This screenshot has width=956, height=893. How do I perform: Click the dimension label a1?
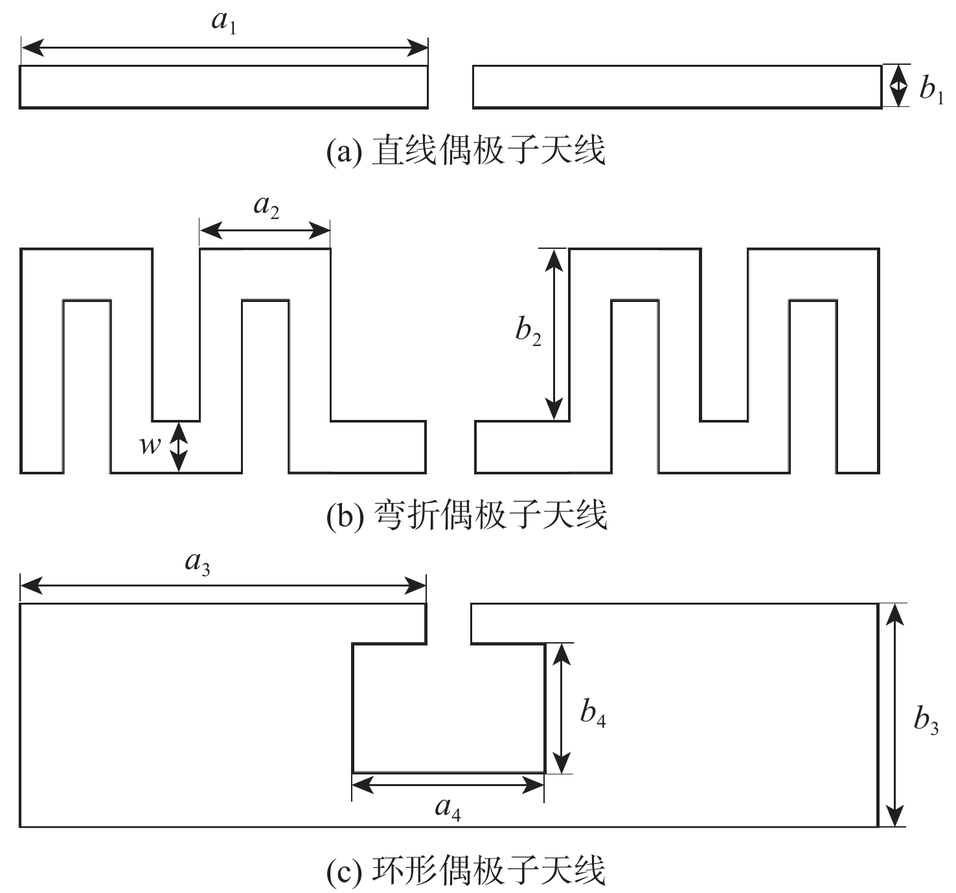(x=223, y=23)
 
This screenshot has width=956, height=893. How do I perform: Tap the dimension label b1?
(x=931, y=89)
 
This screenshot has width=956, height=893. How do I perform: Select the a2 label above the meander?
(x=266, y=207)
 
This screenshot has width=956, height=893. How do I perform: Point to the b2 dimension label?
(x=528, y=332)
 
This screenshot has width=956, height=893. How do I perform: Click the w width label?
(x=150, y=445)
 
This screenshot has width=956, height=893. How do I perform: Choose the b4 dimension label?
(x=593, y=713)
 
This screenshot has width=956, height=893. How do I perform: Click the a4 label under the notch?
(x=448, y=809)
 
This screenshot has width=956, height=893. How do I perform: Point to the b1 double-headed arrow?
(x=897, y=86)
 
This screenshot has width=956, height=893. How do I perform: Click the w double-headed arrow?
(x=178, y=446)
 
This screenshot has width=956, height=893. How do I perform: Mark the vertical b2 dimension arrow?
(x=553, y=334)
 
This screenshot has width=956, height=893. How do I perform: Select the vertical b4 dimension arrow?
(x=563, y=708)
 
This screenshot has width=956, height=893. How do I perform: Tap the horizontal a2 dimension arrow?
(x=265, y=229)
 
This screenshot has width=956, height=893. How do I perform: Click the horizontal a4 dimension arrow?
(x=448, y=785)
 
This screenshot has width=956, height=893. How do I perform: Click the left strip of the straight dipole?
(x=223, y=86)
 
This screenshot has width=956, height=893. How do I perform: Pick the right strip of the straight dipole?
(x=677, y=86)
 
